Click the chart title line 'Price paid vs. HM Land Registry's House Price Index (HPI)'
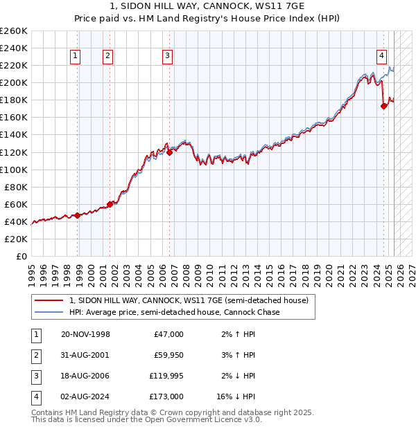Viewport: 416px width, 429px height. [207, 19]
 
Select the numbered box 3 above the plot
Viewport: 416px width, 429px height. [168, 57]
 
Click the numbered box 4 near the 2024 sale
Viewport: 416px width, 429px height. [381, 57]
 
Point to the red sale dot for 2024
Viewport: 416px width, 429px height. [383, 106]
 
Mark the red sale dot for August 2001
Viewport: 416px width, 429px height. [110, 204]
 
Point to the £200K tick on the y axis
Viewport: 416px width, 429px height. [15, 82]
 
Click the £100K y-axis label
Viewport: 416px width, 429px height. [15, 170]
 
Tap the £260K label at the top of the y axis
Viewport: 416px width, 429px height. [15, 31]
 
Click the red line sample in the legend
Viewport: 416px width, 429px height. [49, 300]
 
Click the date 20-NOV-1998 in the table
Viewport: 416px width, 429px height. [86, 334]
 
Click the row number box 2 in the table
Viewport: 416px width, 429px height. [35, 355]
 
